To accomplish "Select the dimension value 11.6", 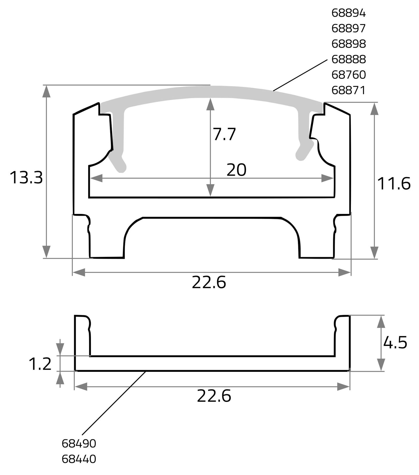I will click(x=394, y=184).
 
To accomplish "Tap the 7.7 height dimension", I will click(x=224, y=134).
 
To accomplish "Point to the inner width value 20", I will click(x=236, y=170).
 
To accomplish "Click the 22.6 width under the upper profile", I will click(x=209, y=283).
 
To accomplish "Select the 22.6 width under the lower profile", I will click(x=214, y=396).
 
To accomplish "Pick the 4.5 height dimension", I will click(x=395, y=343).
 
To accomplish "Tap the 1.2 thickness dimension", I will click(x=40, y=364).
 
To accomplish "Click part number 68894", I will click(x=348, y=13).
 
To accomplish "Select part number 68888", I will click(x=348, y=59).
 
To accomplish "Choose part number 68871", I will click(x=348, y=90).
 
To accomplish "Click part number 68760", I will click(x=348, y=75).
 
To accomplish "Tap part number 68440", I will click(x=79, y=459).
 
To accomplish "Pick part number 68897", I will click(x=348, y=29).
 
